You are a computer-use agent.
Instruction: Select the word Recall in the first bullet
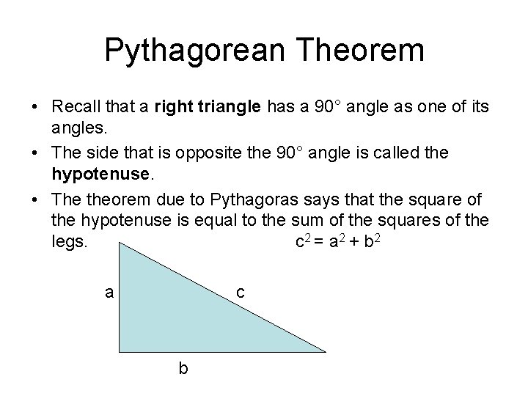click(x=78, y=108)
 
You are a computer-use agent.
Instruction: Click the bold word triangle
click(x=225, y=108)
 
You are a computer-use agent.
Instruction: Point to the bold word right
click(x=172, y=108)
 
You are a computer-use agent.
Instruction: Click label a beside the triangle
click(x=109, y=293)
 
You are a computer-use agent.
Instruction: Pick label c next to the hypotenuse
click(x=240, y=293)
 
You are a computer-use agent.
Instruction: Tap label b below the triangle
click(x=183, y=369)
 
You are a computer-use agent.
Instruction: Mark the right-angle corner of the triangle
click(x=121, y=349)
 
